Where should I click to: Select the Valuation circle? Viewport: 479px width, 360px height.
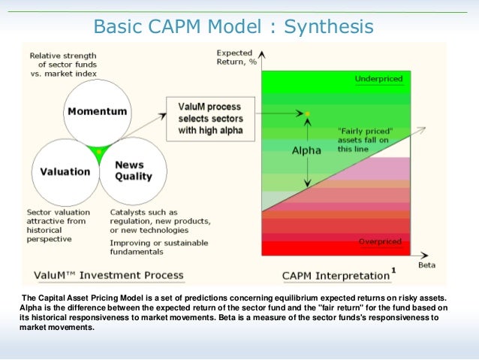(65, 171)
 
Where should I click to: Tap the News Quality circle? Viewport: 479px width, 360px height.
(133, 171)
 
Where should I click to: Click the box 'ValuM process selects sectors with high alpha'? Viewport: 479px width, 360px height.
(210, 119)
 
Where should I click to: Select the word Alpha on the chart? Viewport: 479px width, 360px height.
(306, 150)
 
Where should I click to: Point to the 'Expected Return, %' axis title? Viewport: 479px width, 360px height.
(239, 58)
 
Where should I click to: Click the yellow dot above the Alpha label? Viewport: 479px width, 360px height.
(306, 113)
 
